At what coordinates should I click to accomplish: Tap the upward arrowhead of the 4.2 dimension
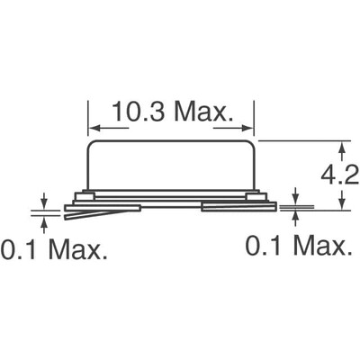point(342,145)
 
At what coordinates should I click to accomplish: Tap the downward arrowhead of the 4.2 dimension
point(342,205)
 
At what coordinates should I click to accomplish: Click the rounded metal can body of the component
point(171,166)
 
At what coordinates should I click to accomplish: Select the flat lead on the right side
point(238,208)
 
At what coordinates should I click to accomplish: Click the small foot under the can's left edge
point(85,195)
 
